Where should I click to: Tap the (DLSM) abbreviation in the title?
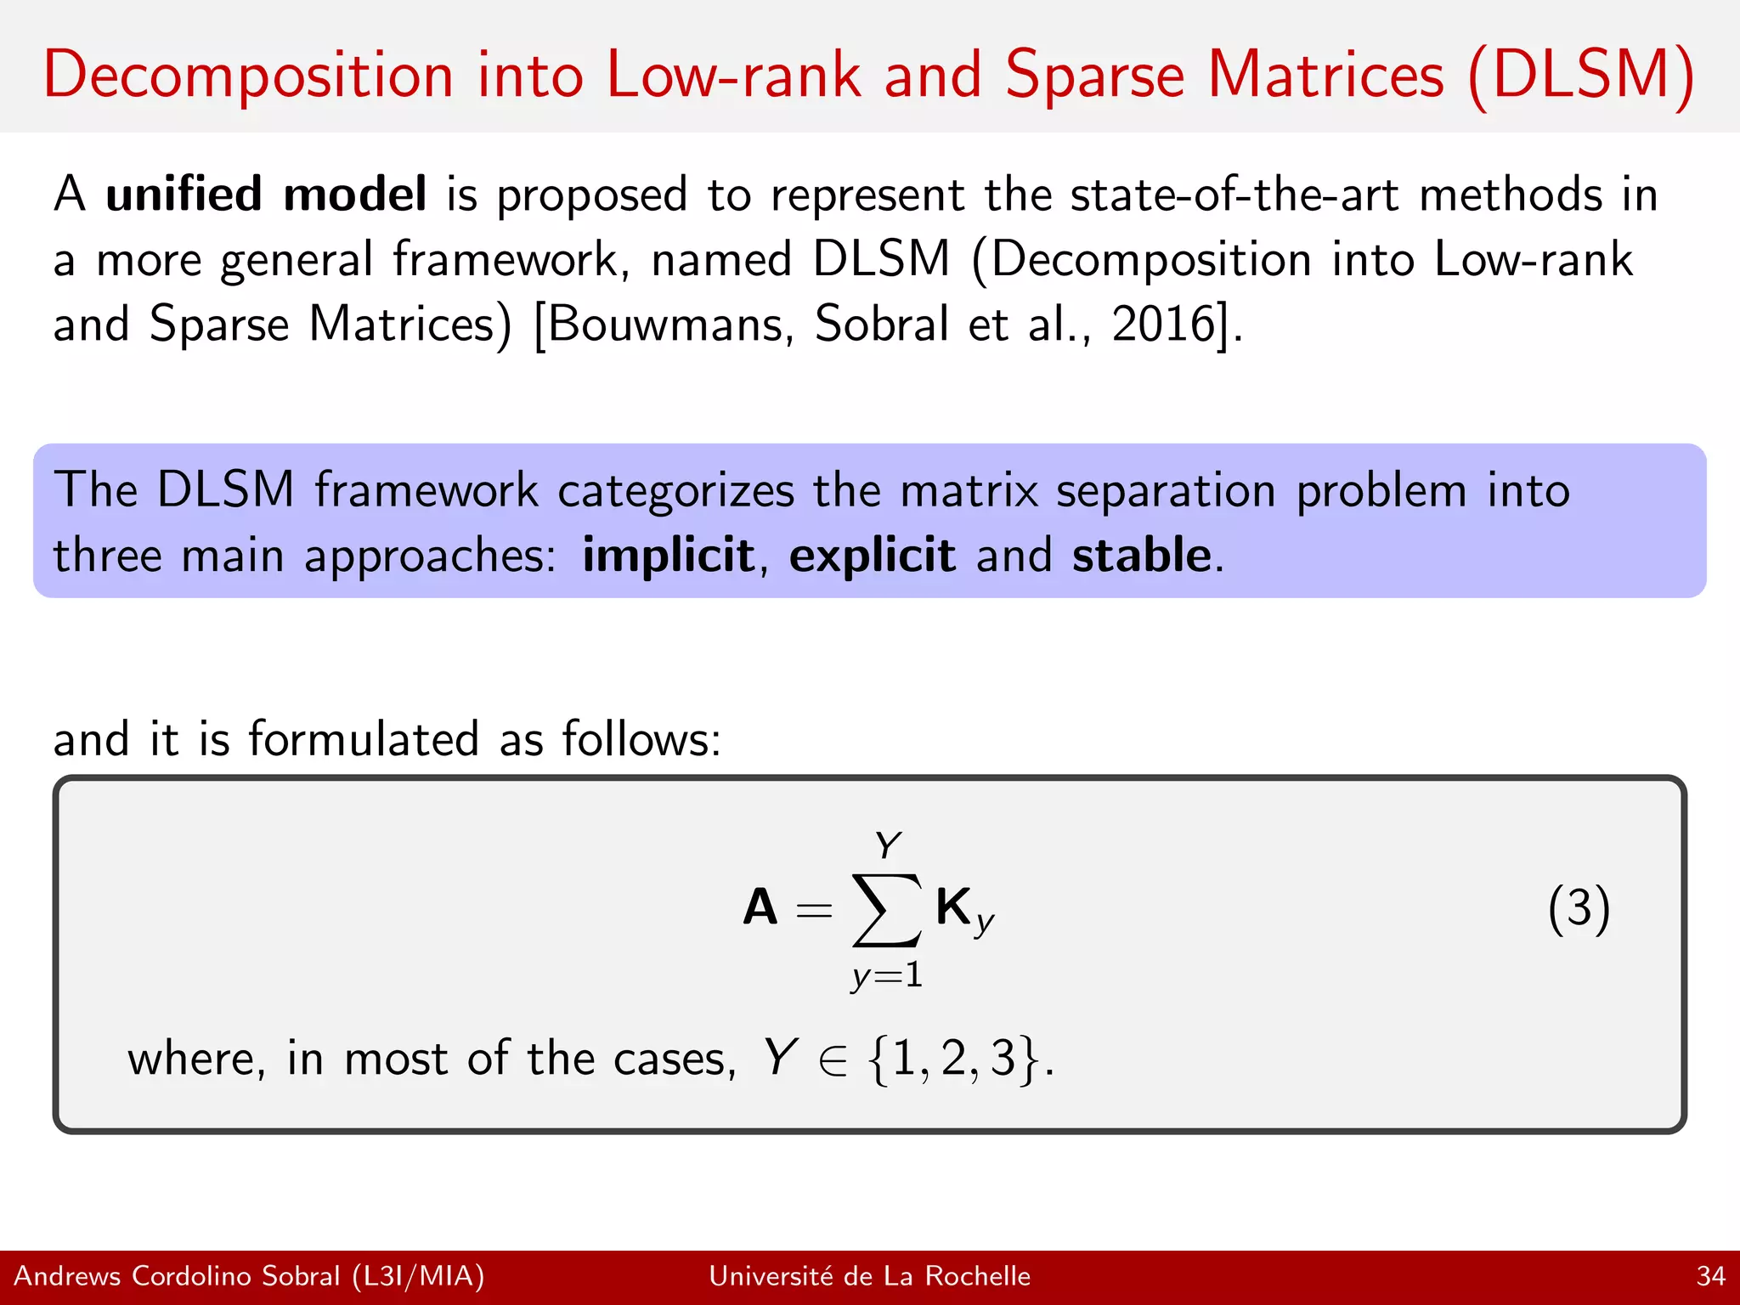point(1581,76)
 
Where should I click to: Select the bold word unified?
point(184,195)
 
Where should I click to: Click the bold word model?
point(354,195)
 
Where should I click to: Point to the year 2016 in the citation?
point(1165,325)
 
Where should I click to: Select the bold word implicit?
point(668,556)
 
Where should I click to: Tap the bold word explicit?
point(872,556)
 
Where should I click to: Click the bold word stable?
point(1141,556)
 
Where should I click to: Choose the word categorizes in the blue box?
point(675,492)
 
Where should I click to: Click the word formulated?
point(364,738)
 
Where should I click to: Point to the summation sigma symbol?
point(886,909)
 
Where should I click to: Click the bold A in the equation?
point(760,907)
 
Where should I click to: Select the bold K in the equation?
point(954,907)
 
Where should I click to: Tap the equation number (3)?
point(1579,909)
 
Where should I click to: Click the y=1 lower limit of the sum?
point(886,975)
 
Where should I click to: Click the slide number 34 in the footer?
point(1710,1276)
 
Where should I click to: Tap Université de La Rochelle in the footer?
point(869,1276)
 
